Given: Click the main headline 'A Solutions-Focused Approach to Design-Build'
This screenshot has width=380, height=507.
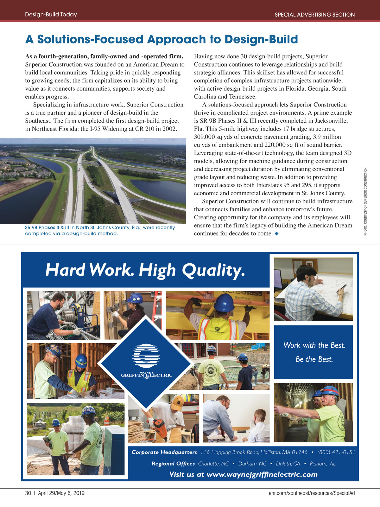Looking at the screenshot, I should click(161, 39).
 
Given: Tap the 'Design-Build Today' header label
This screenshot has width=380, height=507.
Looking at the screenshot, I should click(51, 15).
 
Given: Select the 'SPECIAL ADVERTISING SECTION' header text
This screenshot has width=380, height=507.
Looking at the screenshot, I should click(314, 15).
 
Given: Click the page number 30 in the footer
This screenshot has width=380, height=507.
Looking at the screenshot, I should click(28, 493).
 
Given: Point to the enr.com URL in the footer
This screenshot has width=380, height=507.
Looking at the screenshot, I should click(312, 493).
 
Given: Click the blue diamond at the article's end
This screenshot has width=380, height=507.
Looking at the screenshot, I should click(276, 234).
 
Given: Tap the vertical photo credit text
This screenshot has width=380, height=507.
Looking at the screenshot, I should click(365, 201).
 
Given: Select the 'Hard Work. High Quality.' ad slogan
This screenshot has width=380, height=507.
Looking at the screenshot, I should click(145, 270).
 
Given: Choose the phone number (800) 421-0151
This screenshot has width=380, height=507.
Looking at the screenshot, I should click(336, 452).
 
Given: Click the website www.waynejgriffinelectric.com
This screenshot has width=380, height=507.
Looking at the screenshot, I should click(243, 474).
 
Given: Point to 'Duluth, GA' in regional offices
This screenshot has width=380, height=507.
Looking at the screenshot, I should click(288, 464).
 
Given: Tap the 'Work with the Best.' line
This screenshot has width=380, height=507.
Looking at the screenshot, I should click(314, 345).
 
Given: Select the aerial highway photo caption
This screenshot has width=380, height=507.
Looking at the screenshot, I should click(100, 230).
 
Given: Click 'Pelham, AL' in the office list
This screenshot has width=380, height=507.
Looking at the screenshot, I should click(322, 464).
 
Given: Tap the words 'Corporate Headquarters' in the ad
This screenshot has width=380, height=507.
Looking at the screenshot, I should click(164, 452).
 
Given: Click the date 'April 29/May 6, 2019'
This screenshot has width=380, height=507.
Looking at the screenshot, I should click(61, 493).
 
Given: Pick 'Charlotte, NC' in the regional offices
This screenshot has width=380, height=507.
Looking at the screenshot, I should click(213, 464).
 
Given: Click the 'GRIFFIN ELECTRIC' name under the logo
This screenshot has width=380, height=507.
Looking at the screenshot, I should click(146, 375).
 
